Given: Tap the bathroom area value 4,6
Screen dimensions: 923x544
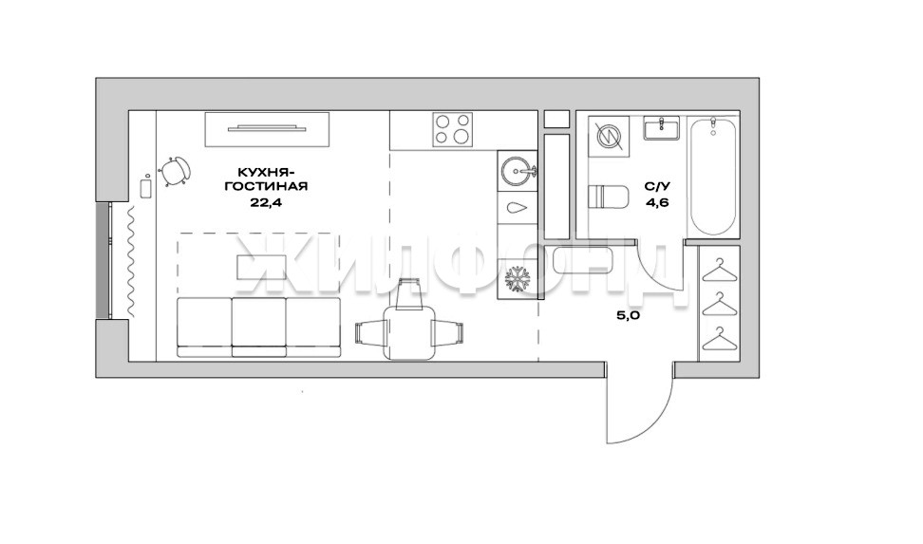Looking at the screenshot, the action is [x=657, y=203].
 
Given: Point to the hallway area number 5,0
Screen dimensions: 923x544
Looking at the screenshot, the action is [x=628, y=315].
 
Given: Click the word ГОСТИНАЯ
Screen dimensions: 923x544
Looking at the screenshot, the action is [x=272, y=187].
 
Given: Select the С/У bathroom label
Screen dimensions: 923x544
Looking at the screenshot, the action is [x=657, y=187].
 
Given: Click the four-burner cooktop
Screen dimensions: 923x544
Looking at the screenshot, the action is [x=453, y=129].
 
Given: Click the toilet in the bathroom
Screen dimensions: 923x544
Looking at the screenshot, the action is [x=608, y=197].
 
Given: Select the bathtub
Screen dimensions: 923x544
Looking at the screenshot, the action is [x=712, y=177].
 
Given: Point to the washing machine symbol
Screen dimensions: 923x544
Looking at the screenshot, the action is [x=609, y=136].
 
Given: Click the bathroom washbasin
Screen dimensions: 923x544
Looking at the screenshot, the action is [x=661, y=128].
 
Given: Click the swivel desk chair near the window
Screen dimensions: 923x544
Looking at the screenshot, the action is [x=174, y=171].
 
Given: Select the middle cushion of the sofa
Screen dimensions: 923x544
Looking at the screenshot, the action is [x=259, y=327].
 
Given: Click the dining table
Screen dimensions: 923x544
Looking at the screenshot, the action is [x=409, y=332].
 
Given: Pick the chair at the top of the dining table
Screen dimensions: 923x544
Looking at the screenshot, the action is [x=409, y=293].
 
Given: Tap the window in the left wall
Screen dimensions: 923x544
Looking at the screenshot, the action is [x=103, y=261].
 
